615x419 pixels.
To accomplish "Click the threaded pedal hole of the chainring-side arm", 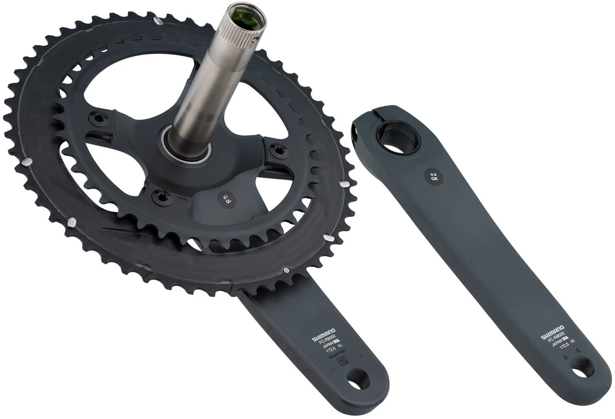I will pos(358,379).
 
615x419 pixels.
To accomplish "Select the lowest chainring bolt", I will pos(161,197).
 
